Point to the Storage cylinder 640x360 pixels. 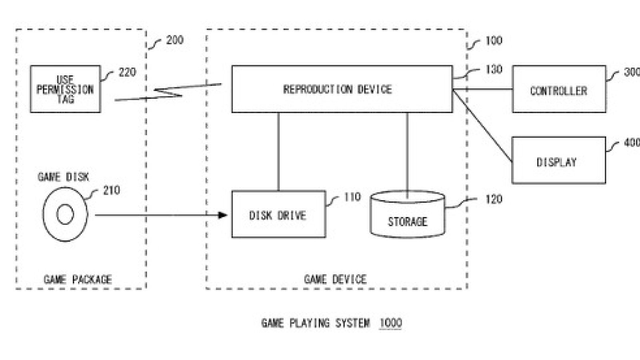pos(408,214)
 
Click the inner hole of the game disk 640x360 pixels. pos(65,214)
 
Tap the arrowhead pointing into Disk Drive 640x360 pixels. pos(222,215)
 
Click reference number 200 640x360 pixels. pos(175,40)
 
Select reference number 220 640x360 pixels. pos(128,72)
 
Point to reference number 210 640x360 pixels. pos(112,190)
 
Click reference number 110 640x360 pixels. pos(352,197)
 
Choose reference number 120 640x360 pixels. pos(494,199)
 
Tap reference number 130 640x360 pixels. pos(494,70)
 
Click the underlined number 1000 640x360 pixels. pos(390,323)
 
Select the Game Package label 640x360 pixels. pos(78,279)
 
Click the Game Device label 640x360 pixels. pos(336,279)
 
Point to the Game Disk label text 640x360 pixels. pos(64,177)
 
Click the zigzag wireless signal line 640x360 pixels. pos(168,92)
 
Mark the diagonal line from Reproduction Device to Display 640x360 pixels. pos(482,126)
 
